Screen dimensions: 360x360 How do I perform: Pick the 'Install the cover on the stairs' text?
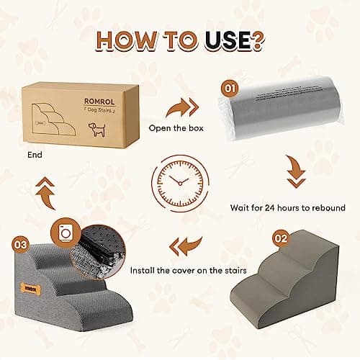tap(189, 271)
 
